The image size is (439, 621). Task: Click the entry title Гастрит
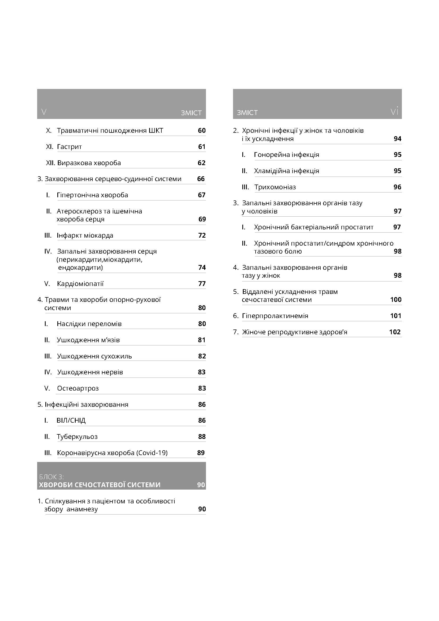click(x=69, y=147)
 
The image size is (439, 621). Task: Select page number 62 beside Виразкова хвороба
click(x=201, y=163)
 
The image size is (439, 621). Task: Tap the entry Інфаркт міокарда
click(x=85, y=235)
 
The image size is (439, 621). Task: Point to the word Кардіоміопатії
click(x=80, y=284)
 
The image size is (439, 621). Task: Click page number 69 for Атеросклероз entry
click(x=202, y=219)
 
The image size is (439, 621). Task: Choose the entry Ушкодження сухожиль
click(x=94, y=356)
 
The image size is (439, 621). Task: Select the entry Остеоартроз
click(x=78, y=388)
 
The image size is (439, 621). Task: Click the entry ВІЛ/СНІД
click(x=71, y=421)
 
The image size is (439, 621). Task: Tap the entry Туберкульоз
click(x=77, y=436)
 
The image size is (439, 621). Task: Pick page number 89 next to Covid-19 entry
click(x=201, y=453)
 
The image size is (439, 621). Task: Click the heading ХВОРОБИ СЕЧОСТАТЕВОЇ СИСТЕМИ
click(x=100, y=485)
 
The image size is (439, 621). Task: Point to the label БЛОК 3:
click(x=51, y=477)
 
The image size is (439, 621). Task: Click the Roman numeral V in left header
click(x=44, y=112)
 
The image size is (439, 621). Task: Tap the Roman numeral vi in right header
click(x=394, y=112)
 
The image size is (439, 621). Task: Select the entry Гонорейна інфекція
click(x=287, y=155)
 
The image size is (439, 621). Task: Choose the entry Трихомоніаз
click(x=275, y=187)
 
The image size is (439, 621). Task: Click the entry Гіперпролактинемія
click(x=275, y=316)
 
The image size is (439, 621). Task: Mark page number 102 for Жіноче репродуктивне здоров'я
click(x=395, y=332)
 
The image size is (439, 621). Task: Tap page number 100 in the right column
click(x=396, y=300)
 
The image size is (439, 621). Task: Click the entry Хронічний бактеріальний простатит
click(x=313, y=227)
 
